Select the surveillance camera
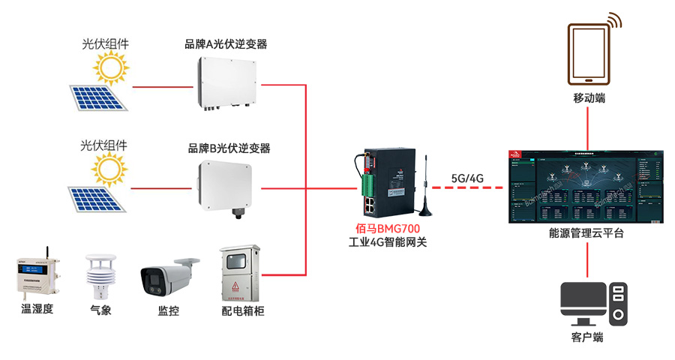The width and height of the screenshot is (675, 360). [168, 277]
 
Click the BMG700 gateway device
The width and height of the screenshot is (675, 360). [385, 184]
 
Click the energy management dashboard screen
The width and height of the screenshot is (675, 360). [586, 184]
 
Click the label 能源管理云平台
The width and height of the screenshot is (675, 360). [586, 234]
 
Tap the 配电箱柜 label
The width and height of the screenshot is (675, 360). [242, 310]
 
